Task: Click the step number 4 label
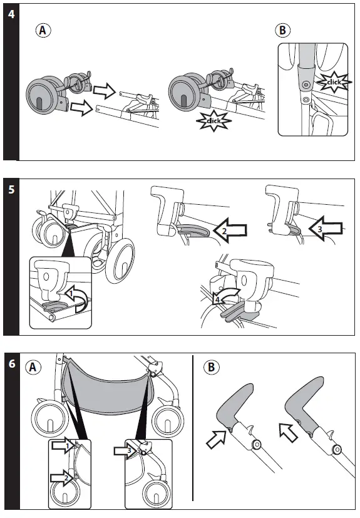11,14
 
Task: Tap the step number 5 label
11,190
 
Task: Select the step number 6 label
12,364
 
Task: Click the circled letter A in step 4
43,31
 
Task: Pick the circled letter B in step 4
283,30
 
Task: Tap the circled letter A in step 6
33,367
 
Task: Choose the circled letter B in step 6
212,367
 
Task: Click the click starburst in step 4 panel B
334,81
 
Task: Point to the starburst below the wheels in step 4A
213,121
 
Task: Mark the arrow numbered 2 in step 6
62,477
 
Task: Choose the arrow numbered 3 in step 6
125,450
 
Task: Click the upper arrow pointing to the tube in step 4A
104,91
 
